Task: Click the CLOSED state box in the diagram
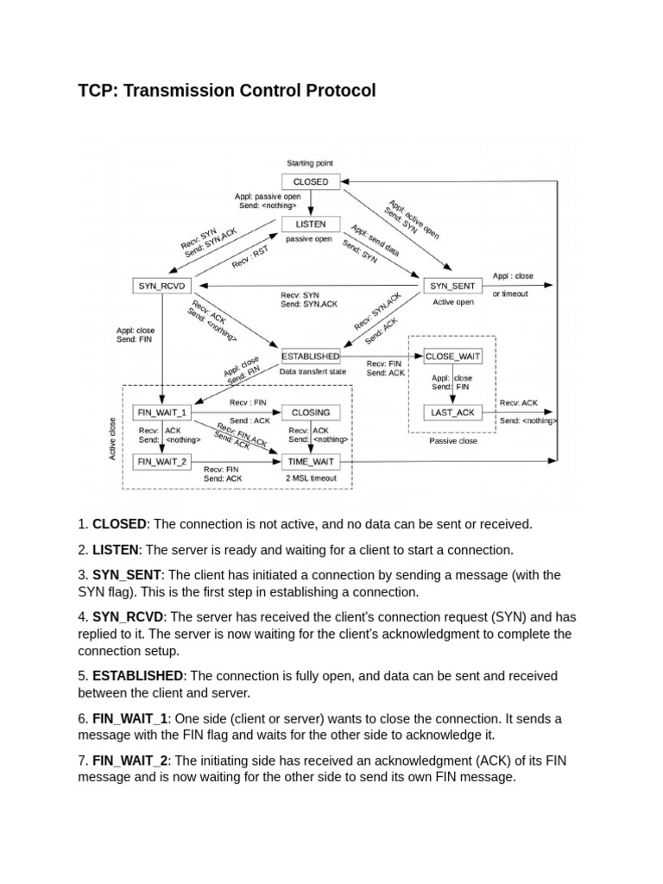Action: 311,182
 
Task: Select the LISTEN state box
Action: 311,224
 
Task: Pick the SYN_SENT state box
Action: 451,286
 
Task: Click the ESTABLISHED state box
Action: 311,356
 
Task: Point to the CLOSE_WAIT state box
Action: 453,356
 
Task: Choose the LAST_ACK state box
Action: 453,413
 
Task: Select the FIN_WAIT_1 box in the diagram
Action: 162,413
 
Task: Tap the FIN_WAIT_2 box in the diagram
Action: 162,462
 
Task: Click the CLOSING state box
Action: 311,413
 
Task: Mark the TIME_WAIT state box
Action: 311,462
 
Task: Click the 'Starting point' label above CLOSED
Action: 310,163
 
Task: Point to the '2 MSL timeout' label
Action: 311,478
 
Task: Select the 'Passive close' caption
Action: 453,440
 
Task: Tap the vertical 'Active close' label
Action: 112,439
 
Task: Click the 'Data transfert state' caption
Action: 313,372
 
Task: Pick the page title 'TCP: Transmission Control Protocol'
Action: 227,91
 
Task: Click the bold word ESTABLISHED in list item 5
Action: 137,676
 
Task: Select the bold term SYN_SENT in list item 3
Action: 127,575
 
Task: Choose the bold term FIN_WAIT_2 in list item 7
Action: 129,761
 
